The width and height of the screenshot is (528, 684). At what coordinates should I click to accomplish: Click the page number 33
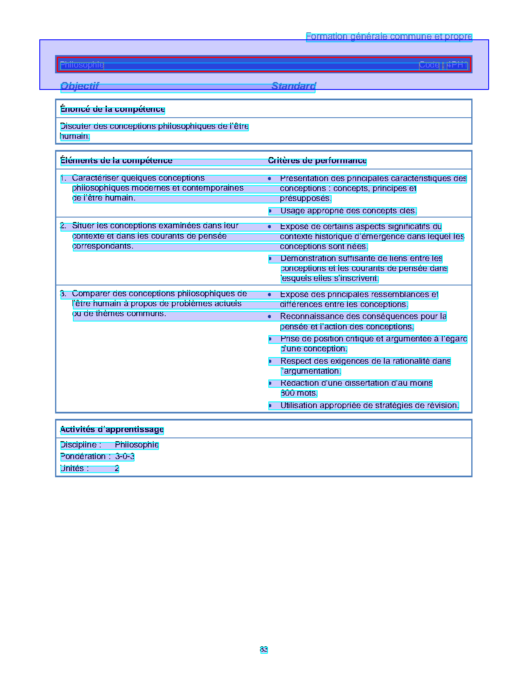coord(264,649)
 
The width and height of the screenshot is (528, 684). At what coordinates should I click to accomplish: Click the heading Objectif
coord(80,86)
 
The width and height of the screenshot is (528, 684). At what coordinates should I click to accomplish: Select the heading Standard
coord(294,86)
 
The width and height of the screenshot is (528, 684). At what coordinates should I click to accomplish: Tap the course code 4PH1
coord(457,65)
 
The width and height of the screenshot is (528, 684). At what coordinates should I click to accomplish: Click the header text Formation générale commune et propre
coord(389,37)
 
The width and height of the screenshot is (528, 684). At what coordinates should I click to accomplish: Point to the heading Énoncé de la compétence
coord(113,109)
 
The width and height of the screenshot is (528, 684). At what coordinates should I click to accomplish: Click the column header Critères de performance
coord(317,161)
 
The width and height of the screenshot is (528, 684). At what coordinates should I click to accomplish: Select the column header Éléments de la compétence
coord(116,161)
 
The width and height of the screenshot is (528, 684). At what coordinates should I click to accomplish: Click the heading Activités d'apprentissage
coord(112,430)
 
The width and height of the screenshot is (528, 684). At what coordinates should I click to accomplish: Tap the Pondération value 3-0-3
coord(125,457)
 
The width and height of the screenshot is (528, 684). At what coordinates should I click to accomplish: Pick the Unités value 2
coord(117,469)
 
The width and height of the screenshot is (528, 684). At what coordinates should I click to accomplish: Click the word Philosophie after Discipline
coord(137,445)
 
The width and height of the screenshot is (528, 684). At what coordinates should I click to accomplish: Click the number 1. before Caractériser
coord(63,179)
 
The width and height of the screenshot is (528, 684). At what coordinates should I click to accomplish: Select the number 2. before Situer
coord(63,226)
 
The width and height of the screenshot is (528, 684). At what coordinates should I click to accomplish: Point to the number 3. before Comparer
coord(63,294)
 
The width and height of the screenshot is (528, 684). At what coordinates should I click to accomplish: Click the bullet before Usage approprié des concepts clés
coord(270,211)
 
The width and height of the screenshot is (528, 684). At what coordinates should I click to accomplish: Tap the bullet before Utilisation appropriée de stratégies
coord(270,406)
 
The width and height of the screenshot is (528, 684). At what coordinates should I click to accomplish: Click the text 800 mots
coord(299,393)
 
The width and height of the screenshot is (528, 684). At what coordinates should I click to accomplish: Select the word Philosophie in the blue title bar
coord(82,65)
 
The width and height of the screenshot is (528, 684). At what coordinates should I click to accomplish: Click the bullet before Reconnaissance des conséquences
coord(270,317)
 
